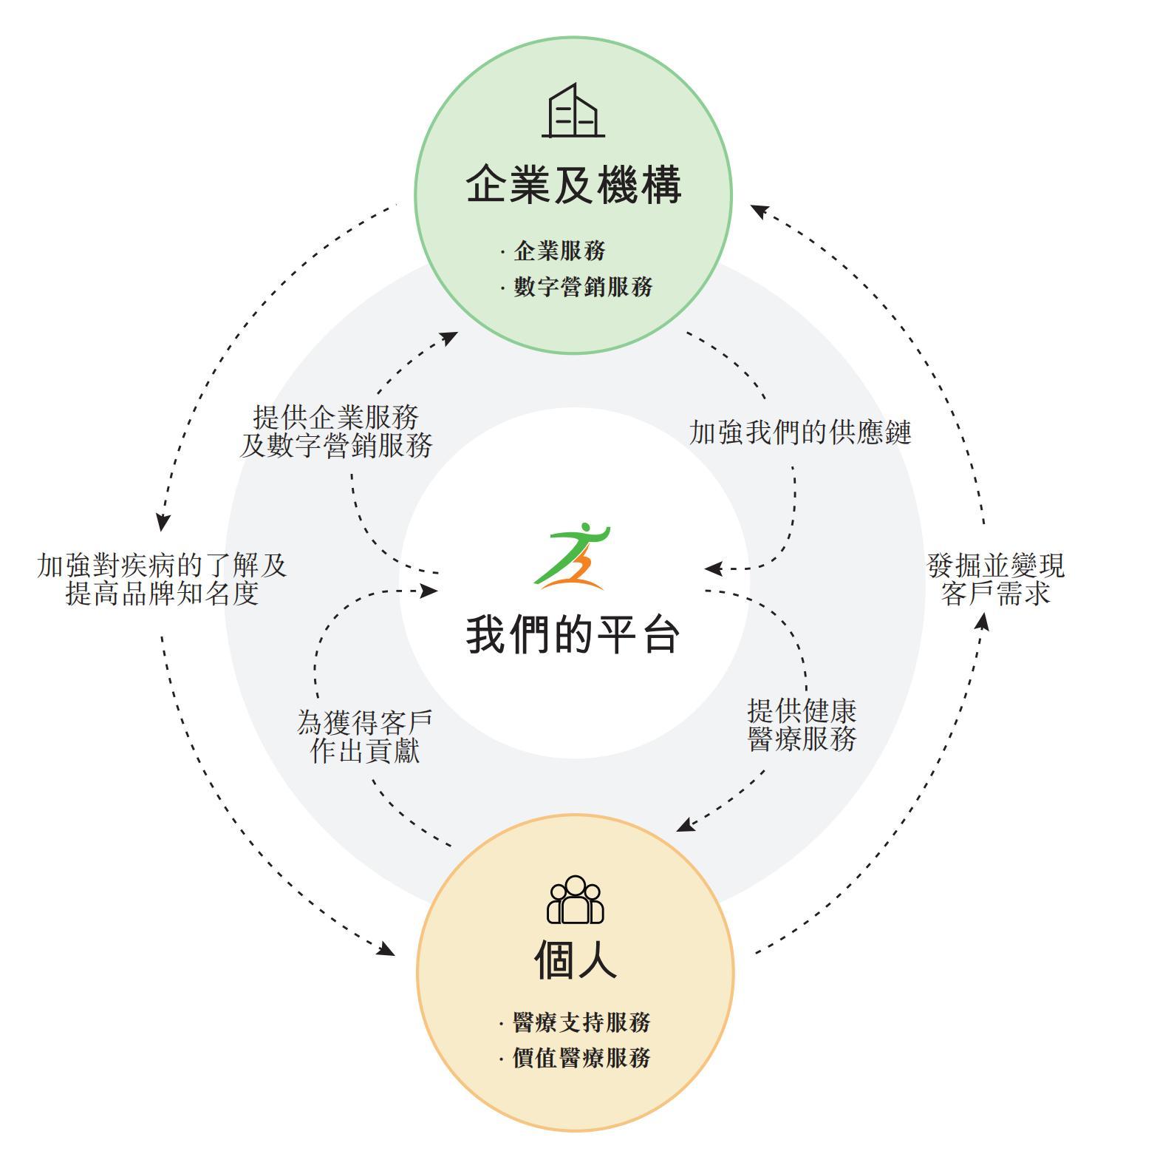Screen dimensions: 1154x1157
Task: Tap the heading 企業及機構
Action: pos(573,185)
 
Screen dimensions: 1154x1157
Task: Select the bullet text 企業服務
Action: pos(559,251)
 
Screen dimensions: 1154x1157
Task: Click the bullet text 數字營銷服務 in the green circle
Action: pos(583,287)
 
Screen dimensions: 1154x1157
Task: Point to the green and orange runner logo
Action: pos(573,556)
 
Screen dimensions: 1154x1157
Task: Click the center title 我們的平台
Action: pos(573,634)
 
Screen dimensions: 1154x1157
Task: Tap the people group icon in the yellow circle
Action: pos(575,900)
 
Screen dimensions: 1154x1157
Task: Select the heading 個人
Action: pos(575,960)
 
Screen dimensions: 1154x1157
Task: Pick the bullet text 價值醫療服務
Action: pos(581,1058)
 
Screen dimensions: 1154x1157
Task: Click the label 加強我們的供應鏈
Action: pos(800,432)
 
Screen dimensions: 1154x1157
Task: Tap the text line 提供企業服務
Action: pos(336,417)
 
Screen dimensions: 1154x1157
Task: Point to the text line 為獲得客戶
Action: pos(365,722)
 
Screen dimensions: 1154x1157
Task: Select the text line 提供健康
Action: pos(802,711)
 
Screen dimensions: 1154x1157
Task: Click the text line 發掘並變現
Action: pos(996,566)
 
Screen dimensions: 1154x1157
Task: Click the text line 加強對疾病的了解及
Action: pos(162,566)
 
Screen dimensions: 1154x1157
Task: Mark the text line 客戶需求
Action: pos(996,594)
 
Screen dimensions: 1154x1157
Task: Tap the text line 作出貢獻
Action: pos(365,750)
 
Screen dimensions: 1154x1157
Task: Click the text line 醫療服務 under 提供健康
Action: pos(802,739)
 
